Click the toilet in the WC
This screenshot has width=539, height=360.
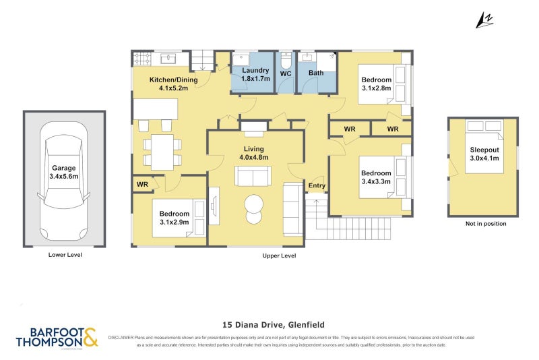286,61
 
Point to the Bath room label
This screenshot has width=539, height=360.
316,73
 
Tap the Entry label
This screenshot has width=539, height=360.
316,185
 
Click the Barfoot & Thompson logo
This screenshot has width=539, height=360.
57,338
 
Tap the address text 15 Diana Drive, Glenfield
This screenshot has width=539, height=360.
269,323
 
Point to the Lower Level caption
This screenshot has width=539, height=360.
64,256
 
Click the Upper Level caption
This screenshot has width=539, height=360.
279,256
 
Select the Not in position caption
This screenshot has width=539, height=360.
485,224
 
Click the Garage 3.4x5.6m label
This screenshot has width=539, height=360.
64,172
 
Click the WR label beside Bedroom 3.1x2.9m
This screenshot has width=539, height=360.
142,184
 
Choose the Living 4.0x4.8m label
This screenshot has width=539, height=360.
254,153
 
